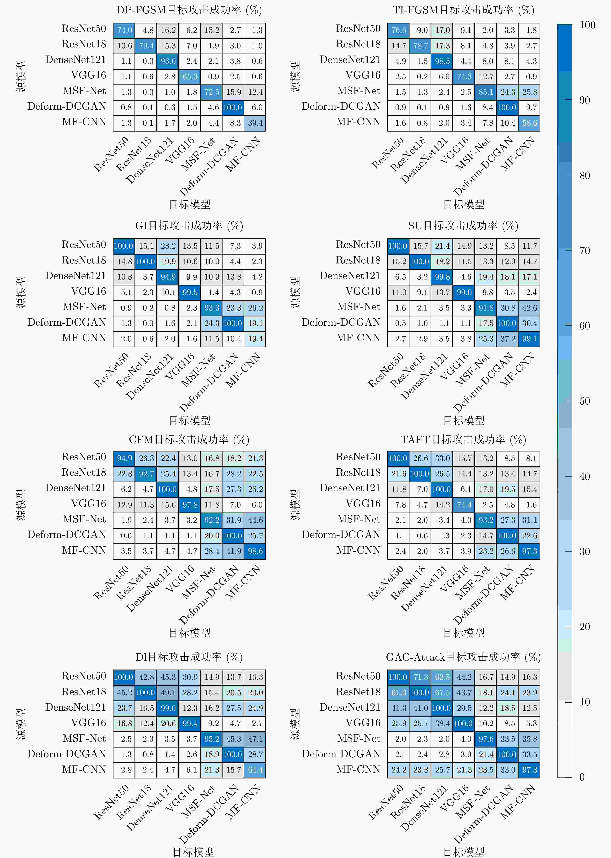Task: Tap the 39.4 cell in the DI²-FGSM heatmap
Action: coord(255,123)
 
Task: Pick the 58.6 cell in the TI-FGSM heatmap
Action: coord(529,123)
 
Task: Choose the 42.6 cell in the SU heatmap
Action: coord(529,308)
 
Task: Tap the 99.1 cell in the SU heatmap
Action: coord(529,338)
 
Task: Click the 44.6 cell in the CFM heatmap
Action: coord(255,520)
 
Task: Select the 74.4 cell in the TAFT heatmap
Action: coord(464,505)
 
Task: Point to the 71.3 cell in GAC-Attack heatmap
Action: coord(420,677)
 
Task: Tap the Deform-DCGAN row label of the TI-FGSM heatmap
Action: coord(341,107)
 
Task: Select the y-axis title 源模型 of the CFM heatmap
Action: coord(21,505)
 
